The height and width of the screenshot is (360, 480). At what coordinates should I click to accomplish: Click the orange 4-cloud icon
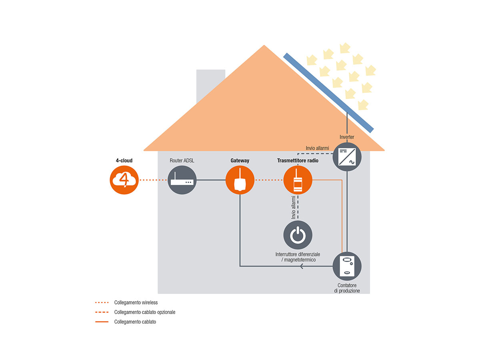pos(124,180)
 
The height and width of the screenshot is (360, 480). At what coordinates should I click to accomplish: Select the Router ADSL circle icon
pos(182,180)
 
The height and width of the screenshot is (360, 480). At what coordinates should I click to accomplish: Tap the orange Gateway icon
pos(240,180)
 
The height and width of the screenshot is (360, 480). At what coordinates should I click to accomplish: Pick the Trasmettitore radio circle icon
pos(298,180)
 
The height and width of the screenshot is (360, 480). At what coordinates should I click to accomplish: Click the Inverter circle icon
pos(347,157)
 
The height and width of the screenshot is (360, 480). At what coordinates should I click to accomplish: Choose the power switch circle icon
pos(298,235)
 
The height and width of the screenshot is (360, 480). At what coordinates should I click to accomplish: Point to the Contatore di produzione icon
pos(347,266)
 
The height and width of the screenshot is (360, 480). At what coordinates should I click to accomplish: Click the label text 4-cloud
pos(124,160)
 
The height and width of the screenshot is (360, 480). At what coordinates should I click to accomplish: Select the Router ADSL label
pos(182,160)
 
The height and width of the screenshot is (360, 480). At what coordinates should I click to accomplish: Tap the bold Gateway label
pos(240,160)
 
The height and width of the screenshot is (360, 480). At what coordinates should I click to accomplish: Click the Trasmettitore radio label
pos(298,160)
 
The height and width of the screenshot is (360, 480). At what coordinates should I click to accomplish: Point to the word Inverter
pos(347,137)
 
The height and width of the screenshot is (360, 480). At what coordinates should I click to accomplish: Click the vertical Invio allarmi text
pos(293,207)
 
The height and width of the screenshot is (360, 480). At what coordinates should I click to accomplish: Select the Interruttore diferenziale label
pos(298,257)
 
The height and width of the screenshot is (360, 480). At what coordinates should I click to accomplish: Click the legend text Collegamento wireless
pos(136,302)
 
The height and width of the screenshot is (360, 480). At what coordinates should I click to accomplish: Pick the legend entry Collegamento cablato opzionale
pos(145,312)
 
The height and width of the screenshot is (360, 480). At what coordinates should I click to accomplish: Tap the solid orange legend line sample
pos(102,322)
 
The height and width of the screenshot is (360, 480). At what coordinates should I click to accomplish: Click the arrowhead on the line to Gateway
pos(302,266)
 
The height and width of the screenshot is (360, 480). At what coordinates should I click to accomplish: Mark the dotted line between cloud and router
pos(153,180)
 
